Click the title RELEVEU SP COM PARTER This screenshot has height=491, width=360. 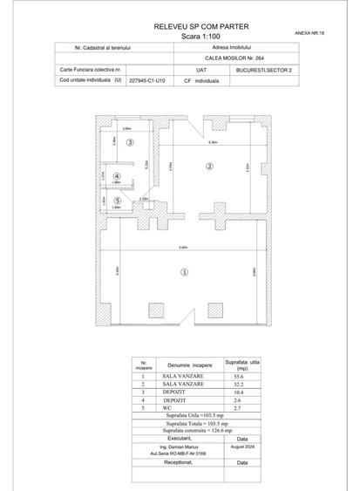(180, 28)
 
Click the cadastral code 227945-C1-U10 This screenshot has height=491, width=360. (149, 78)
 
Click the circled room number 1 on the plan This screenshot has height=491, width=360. (184, 272)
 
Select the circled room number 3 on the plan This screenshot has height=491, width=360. (130, 142)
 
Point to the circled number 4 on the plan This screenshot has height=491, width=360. (129, 176)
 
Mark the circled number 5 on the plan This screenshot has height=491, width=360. (129, 201)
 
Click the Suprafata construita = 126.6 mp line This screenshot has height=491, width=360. (180, 430)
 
